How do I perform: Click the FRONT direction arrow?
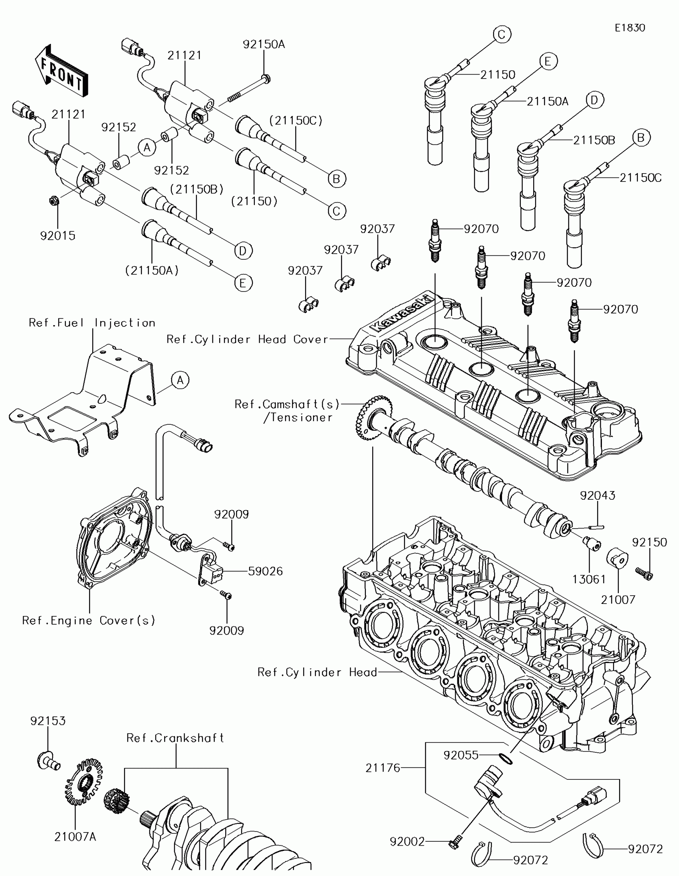pyautogui.click(x=61, y=71)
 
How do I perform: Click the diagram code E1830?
pyautogui.click(x=629, y=28)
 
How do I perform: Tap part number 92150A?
pyautogui.click(x=264, y=44)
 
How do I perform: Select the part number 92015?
pyautogui.click(x=58, y=235)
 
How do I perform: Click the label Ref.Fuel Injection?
pyautogui.click(x=92, y=323)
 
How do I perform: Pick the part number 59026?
pyautogui.click(x=266, y=571)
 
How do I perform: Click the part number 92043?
pyautogui.click(x=598, y=495)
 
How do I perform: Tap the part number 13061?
pyautogui.click(x=589, y=579)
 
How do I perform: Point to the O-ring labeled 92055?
pyautogui.click(x=506, y=758)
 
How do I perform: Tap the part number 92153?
pyautogui.click(x=48, y=721)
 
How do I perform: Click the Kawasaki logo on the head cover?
pyautogui.click(x=401, y=313)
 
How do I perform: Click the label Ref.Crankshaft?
pyautogui.click(x=175, y=738)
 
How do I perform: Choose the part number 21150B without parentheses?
pyautogui.click(x=594, y=140)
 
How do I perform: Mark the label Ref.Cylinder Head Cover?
pyautogui.click(x=248, y=339)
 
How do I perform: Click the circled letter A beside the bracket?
pyautogui.click(x=180, y=380)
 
